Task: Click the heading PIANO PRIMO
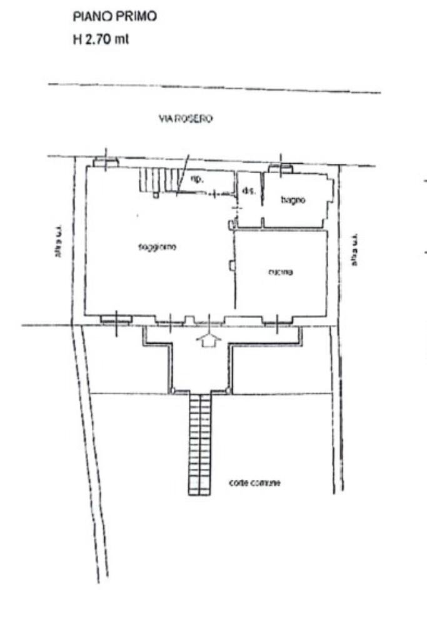tap(115, 17)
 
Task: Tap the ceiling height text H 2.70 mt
tap(101, 41)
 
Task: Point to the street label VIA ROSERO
tap(185, 121)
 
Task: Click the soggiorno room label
tap(157, 247)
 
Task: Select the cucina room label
tap(281, 272)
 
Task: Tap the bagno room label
tap(293, 200)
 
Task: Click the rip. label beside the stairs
tap(195, 179)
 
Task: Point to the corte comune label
tap(255, 483)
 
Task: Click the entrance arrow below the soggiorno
tap(209, 340)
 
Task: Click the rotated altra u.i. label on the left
tap(58, 242)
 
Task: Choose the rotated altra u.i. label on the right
tap(354, 250)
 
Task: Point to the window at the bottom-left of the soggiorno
tap(116, 319)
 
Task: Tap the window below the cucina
tap(276, 320)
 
